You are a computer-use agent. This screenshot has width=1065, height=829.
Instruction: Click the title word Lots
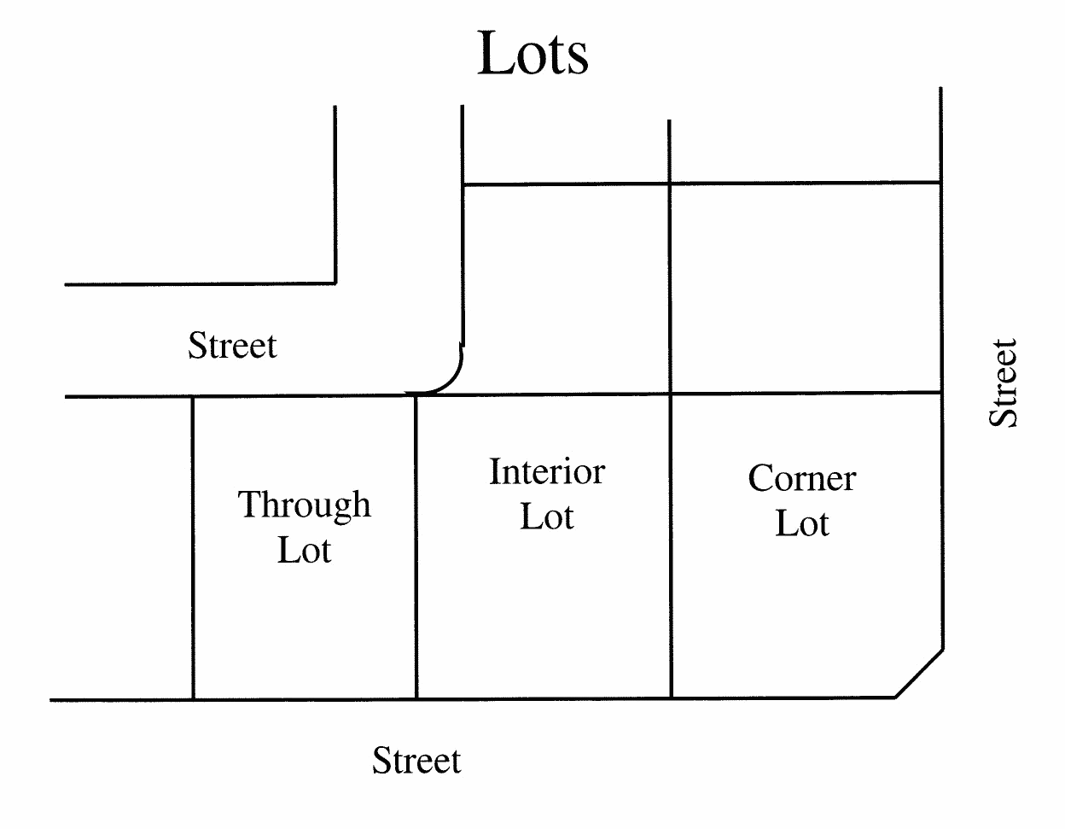pos(532,53)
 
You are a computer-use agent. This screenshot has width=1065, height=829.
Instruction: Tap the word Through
pos(304,505)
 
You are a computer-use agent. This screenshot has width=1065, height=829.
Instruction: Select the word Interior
pos(547,472)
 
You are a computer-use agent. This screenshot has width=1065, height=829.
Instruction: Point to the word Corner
pos(801,479)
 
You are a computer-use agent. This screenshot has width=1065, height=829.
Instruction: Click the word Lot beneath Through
pos(304,551)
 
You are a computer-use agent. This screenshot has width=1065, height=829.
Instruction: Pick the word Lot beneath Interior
pos(547,517)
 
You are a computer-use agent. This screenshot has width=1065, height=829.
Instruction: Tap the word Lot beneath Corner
pos(801,524)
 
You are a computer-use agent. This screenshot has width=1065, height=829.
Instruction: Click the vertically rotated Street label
pos(1004,383)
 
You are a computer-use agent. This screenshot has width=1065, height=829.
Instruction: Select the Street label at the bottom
pos(416,761)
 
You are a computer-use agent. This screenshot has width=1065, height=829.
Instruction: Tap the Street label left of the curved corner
pos(232,347)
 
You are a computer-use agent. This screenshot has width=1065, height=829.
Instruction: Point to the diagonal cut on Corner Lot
pos(920,674)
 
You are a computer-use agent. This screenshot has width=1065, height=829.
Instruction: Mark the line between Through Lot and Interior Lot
pos(416,546)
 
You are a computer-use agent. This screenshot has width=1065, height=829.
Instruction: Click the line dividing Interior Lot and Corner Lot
pos(671,546)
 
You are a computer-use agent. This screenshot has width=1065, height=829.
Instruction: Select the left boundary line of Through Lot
pos(193,546)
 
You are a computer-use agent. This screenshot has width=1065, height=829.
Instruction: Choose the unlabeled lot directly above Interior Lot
pos(565,289)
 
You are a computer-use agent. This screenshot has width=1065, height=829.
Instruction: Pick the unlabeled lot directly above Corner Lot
pos(805,288)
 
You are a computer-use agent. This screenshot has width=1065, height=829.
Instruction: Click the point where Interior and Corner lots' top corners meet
pos(671,394)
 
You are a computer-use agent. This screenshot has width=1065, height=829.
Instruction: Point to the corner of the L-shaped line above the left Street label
pos(335,283)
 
